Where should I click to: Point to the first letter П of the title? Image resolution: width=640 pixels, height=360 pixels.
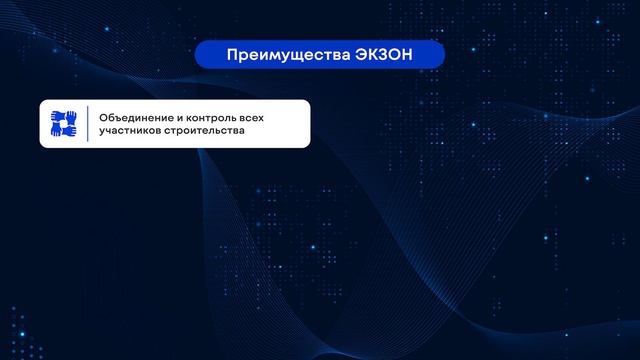click(x=232, y=54)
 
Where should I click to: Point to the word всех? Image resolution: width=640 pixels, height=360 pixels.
click(x=235, y=117)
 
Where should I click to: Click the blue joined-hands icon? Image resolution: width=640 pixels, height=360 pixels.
click(x=64, y=124)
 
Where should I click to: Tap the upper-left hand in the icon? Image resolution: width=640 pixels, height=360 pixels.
click(x=57, y=116)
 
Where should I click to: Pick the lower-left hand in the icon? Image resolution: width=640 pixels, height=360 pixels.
click(x=56, y=131)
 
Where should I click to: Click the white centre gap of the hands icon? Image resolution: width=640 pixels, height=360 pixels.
click(x=64, y=124)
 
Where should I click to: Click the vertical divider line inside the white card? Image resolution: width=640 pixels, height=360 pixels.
click(x=88, y=124)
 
